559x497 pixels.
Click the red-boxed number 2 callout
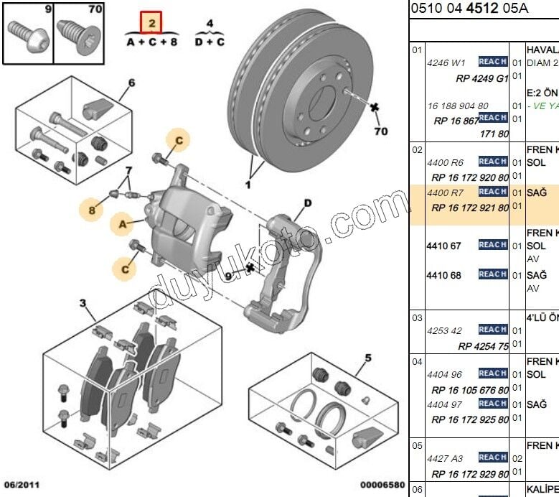coord(151,23)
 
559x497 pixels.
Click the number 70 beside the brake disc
coord(380,131)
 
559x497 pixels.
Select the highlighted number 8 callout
coord(92,210)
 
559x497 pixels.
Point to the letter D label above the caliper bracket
coord(307,203)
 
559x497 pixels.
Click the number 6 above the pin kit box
coord(131,83)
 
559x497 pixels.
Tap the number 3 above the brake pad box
coord(83,304)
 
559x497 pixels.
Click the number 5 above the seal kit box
coord(367,357)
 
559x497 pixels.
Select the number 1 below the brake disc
coord(248,185)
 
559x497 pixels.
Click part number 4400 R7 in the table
coord(446,192)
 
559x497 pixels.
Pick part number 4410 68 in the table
coord(444,275)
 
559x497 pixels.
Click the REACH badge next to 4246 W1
coord(492,62)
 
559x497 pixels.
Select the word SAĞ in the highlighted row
coord(537,192)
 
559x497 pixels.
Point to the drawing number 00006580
coord(381,486)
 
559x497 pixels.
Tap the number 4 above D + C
coord(210,24)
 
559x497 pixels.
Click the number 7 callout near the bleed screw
coord(129,170)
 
